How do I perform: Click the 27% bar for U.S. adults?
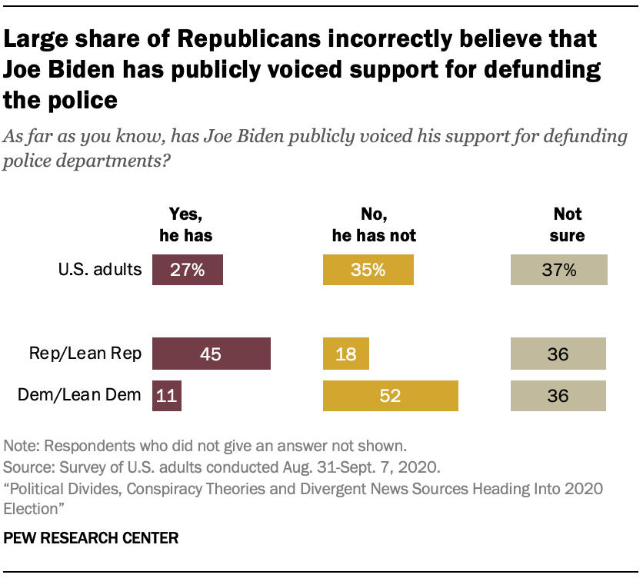point(188,271)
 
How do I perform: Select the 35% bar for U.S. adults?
point(368,271)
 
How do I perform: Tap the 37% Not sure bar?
point(559,271)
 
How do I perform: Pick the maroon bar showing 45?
point(212,354)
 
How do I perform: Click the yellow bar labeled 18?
point(345,354)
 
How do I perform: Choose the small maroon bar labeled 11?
point(166,396)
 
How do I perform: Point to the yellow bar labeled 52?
point(390,396)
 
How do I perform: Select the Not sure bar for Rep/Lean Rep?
point(558,354)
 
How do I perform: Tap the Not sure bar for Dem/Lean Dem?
point(558,396)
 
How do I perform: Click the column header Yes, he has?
point(185,225)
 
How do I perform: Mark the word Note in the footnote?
point(18,445)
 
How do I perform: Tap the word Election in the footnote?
point(31,508)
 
